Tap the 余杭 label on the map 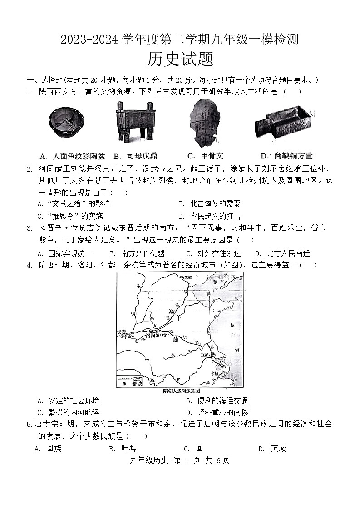[x=215, y=373]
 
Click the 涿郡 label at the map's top [x=186, y=277]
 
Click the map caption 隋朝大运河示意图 [x=181, y=390]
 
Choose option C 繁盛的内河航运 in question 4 [x=69, y=412]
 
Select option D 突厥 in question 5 [x=272, y=449]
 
